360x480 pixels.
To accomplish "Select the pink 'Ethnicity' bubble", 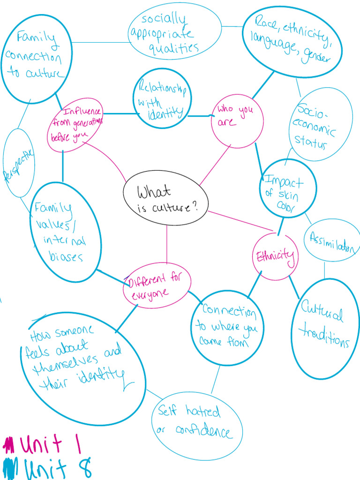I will click(x=275, y=256).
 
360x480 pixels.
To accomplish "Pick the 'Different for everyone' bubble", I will click(x=157, y=285).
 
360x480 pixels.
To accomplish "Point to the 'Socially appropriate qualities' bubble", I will click(x=174, y=33).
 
